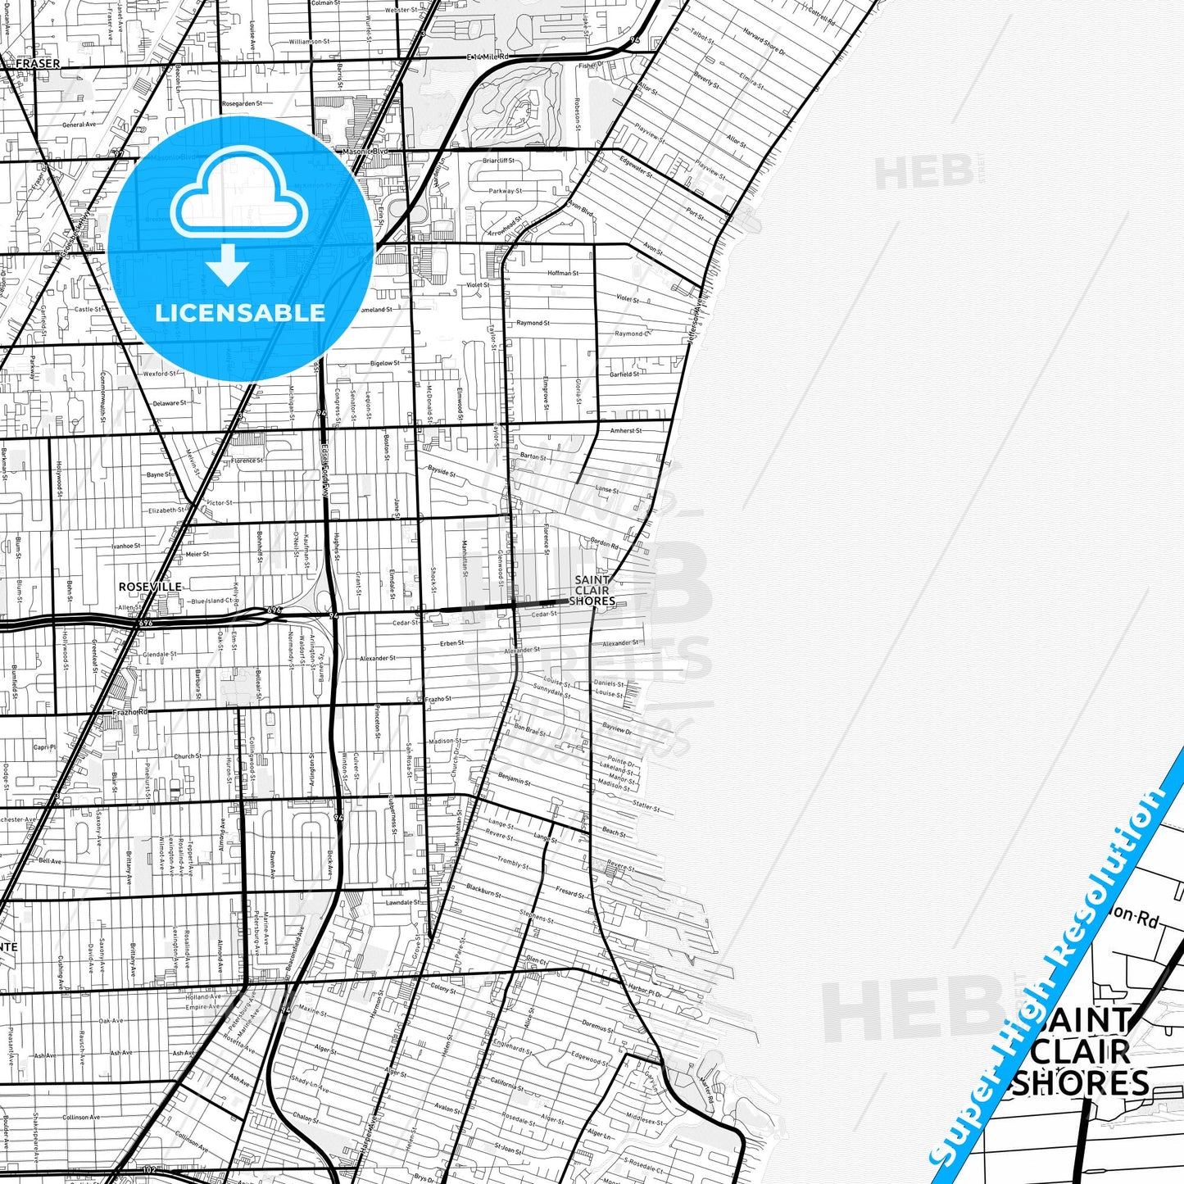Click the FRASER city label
[38, 63]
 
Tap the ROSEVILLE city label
[150, 587]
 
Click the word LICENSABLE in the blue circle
[240, 312]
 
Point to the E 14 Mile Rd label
[488, 57]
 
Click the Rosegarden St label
[242, 104]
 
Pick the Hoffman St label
[563, 273]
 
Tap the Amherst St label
[626, 430]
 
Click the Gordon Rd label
[604, 542]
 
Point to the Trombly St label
[514, 862]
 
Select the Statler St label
[646, 806]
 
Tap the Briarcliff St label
[498, 161]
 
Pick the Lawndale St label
[402, 903]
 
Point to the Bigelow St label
[385, 363]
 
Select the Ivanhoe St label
[126, 545]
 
